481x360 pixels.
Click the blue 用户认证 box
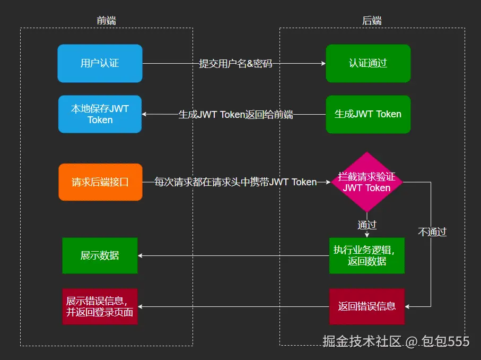pos(100,63)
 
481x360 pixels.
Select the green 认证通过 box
pos(368,63)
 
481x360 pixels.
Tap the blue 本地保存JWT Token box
pos(100,114)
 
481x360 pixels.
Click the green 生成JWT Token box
pos(368,114)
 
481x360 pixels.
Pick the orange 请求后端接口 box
pos(100,182)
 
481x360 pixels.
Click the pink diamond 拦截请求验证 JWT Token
pos(367,182)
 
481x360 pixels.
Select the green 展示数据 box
pos(100,255)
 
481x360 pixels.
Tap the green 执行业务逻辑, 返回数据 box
pos(366,255)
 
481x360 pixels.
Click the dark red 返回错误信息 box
pos(366,306)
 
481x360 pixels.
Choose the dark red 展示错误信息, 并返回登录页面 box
pos(100,306)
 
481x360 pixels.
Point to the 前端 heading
pos(106,21)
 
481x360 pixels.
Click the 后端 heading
pos(372,21)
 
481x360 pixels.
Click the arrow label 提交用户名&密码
pos(235,64)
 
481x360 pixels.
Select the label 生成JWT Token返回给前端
pos(235,115)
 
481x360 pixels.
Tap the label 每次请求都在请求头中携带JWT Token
pos(235,182)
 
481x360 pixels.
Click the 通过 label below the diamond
pos(367,225)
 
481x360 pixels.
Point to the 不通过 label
pos(432,232)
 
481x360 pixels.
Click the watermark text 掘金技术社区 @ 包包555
pos(396,341)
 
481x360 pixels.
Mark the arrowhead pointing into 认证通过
pos(323,63)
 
